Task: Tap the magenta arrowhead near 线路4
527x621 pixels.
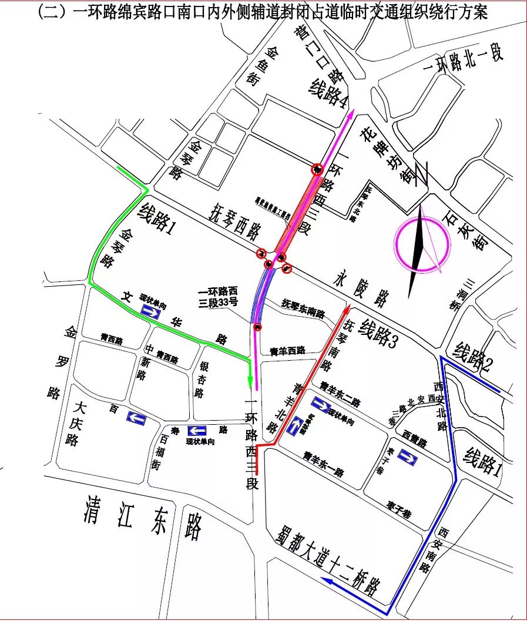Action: click(x=352, y=113)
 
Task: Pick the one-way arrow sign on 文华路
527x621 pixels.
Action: click(x=151, y=312)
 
